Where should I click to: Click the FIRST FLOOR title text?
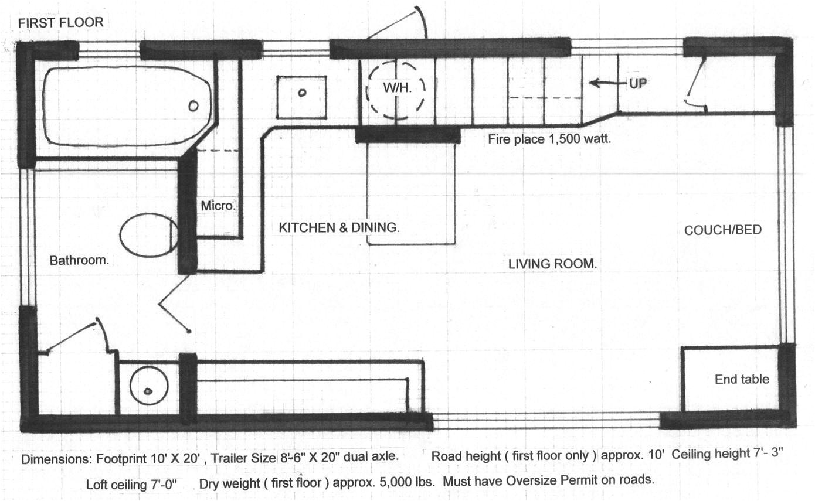tap(61, 22)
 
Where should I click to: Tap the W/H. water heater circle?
tap(367, 91)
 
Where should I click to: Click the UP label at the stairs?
tap(638, 84)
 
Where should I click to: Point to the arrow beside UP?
tap(609, 83)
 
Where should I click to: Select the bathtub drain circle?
tap(193, 106)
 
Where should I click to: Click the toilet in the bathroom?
tap(149, 235)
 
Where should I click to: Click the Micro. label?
tap(218, 206)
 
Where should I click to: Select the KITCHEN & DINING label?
tap(339, 227)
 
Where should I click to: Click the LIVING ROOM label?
tap(552, 264)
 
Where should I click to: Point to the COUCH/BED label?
tap(722, 230)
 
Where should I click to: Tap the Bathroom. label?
tap(79, 260)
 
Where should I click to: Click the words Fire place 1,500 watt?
tap(549, 139)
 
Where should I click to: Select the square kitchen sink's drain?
tap(302, 93)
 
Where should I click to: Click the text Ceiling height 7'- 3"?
tap(727, 454)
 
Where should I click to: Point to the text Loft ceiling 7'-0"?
tap(131, 484)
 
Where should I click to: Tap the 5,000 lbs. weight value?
tap(407, 482)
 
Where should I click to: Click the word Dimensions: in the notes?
tap(56, 459)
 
